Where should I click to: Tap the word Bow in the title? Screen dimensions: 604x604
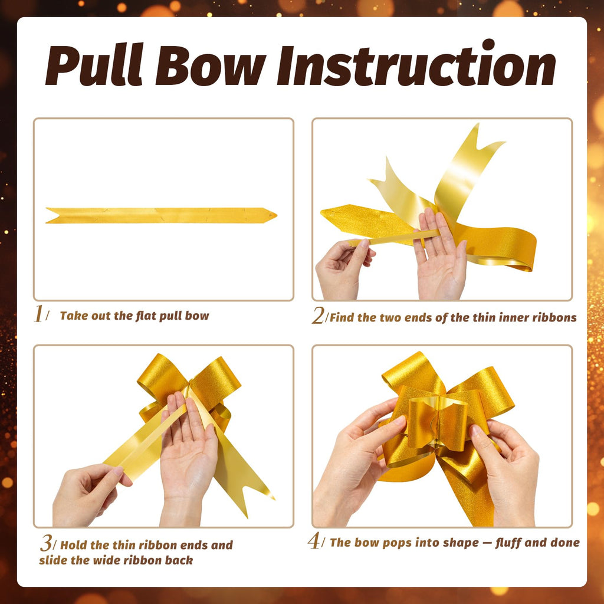[x=211, y=65]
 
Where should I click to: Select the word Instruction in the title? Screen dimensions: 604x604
[x=416, y=63]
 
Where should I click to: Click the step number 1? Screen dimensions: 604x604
[x=38, y=314]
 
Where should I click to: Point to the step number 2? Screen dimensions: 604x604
[x=318, y=316]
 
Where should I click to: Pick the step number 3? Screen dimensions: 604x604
[x=46, y=543]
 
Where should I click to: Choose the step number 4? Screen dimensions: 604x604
[x=314, y=541]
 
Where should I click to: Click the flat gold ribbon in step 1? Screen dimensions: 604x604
[x=161, y=215]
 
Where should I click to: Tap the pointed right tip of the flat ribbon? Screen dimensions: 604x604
[x=276, y=215]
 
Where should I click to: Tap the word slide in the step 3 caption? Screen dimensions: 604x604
[x=53, y=560]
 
